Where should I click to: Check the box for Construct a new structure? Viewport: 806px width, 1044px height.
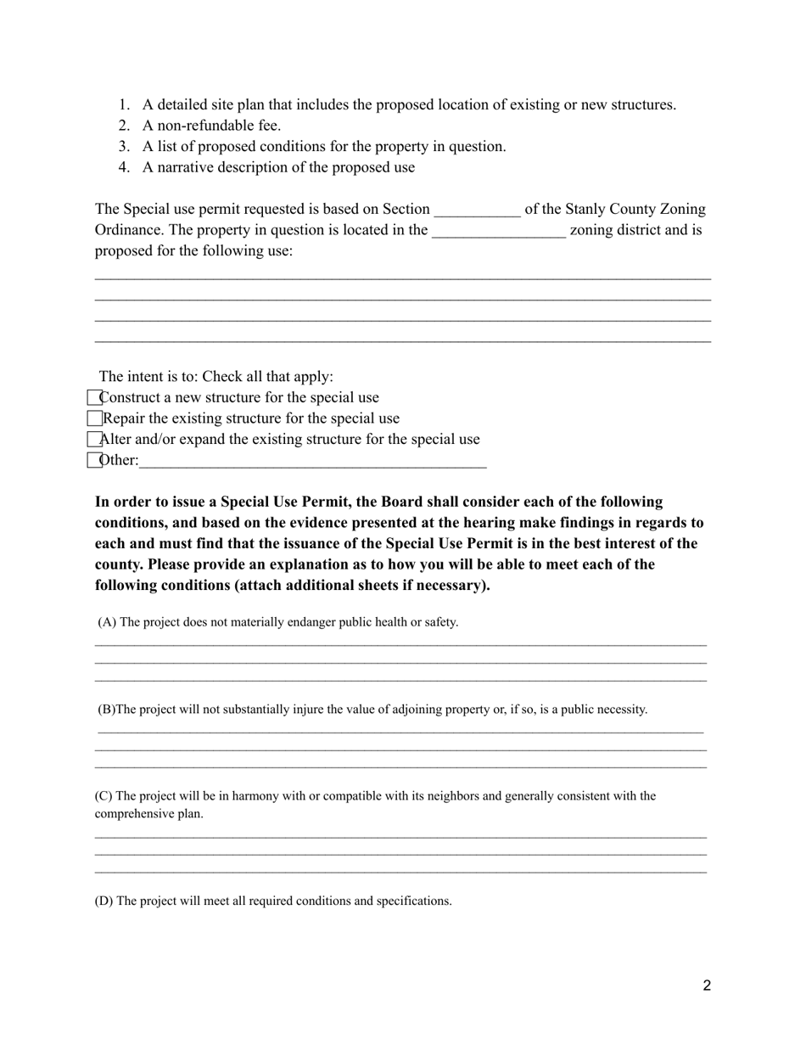pyautogui.click(x=94, y=397)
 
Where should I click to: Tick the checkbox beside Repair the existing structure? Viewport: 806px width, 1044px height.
pyautogui.click(x=94, y=418)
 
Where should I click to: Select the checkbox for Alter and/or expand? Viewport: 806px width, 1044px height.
pyautogui.click(x=94, y=439)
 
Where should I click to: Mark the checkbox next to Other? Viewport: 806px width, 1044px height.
pyautogui.click(x=94, y=460)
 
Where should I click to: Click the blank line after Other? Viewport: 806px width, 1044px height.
pyautogui.click(x=312, y=462)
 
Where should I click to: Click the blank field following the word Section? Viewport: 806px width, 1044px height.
pyautogui.click(x=477, y=210)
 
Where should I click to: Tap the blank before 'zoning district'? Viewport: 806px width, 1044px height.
pyautogui.click(x=499, y=231)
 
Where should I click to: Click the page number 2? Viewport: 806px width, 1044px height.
pyautogui.click(x=707, y=985)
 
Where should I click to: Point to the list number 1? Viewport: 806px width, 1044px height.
pyautogui.click(x=124, y=105)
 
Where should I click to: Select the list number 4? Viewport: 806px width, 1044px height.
pyautogui.click(x=124, y=167)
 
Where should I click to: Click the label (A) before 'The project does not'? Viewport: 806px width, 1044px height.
pyautogui.click(x=107, y=622)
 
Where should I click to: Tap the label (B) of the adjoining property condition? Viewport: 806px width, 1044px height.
pyautogui.click(x=106, y=710)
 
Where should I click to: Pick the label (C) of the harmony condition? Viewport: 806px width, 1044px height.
pyautogui.click(x=103, y=796)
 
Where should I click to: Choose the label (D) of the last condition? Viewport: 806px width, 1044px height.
pyautogui.click(x=104, y=901)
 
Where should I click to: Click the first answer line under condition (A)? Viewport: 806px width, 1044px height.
pyautogui.click(x=400, y=645)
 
